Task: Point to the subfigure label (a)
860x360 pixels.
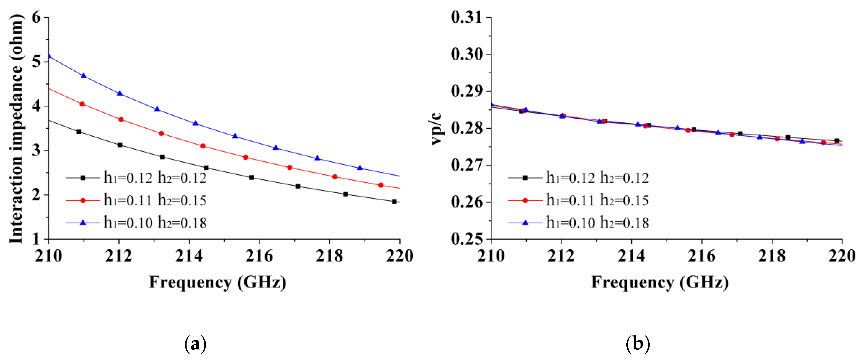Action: pyautogui.click(x=195, y=344)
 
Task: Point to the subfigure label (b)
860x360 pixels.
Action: pyautogui.click(x=638, y=344)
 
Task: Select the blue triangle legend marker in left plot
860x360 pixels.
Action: pyautogui.click(x=83, y=223)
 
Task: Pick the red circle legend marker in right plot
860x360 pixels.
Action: pyautogui.click(x=525, y=200)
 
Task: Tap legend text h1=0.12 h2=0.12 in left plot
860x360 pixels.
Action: pyautogui.click(x=155, y=178)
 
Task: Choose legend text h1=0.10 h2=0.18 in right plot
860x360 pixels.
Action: pyautogui.click(x=598, y=223)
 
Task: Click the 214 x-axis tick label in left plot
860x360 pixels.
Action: pyautogui.click(x=189, y=256)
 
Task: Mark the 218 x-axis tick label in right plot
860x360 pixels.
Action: pyautogui.click(x=772, y=256)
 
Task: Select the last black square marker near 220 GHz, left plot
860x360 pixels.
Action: pyautogui.click(x=394, y=201)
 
